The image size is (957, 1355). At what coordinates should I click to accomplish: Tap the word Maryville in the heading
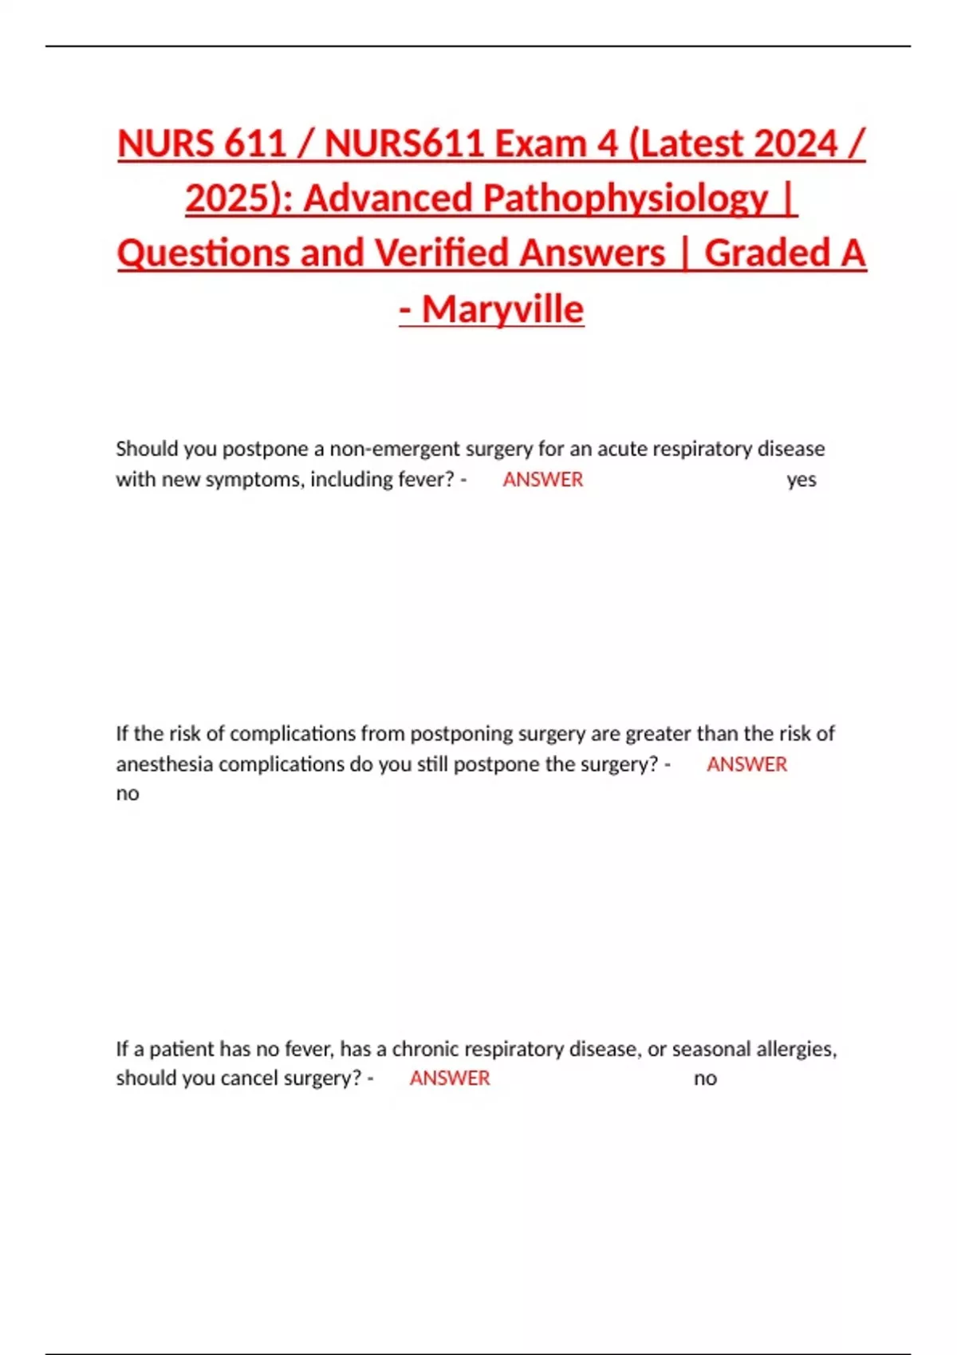tap(503, 309)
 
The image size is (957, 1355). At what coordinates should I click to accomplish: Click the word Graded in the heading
tap(767, 253)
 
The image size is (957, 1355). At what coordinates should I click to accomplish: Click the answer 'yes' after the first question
tap(801, 480)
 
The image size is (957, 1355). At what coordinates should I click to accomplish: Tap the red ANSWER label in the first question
tap(542, 480)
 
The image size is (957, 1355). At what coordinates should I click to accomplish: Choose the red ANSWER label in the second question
tap(746, 764)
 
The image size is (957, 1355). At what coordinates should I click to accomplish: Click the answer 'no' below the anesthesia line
tap(128, 794)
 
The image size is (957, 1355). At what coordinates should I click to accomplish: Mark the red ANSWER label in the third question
tap(450, 1078)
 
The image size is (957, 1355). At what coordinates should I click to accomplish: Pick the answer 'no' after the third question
tap(705, 1078)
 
